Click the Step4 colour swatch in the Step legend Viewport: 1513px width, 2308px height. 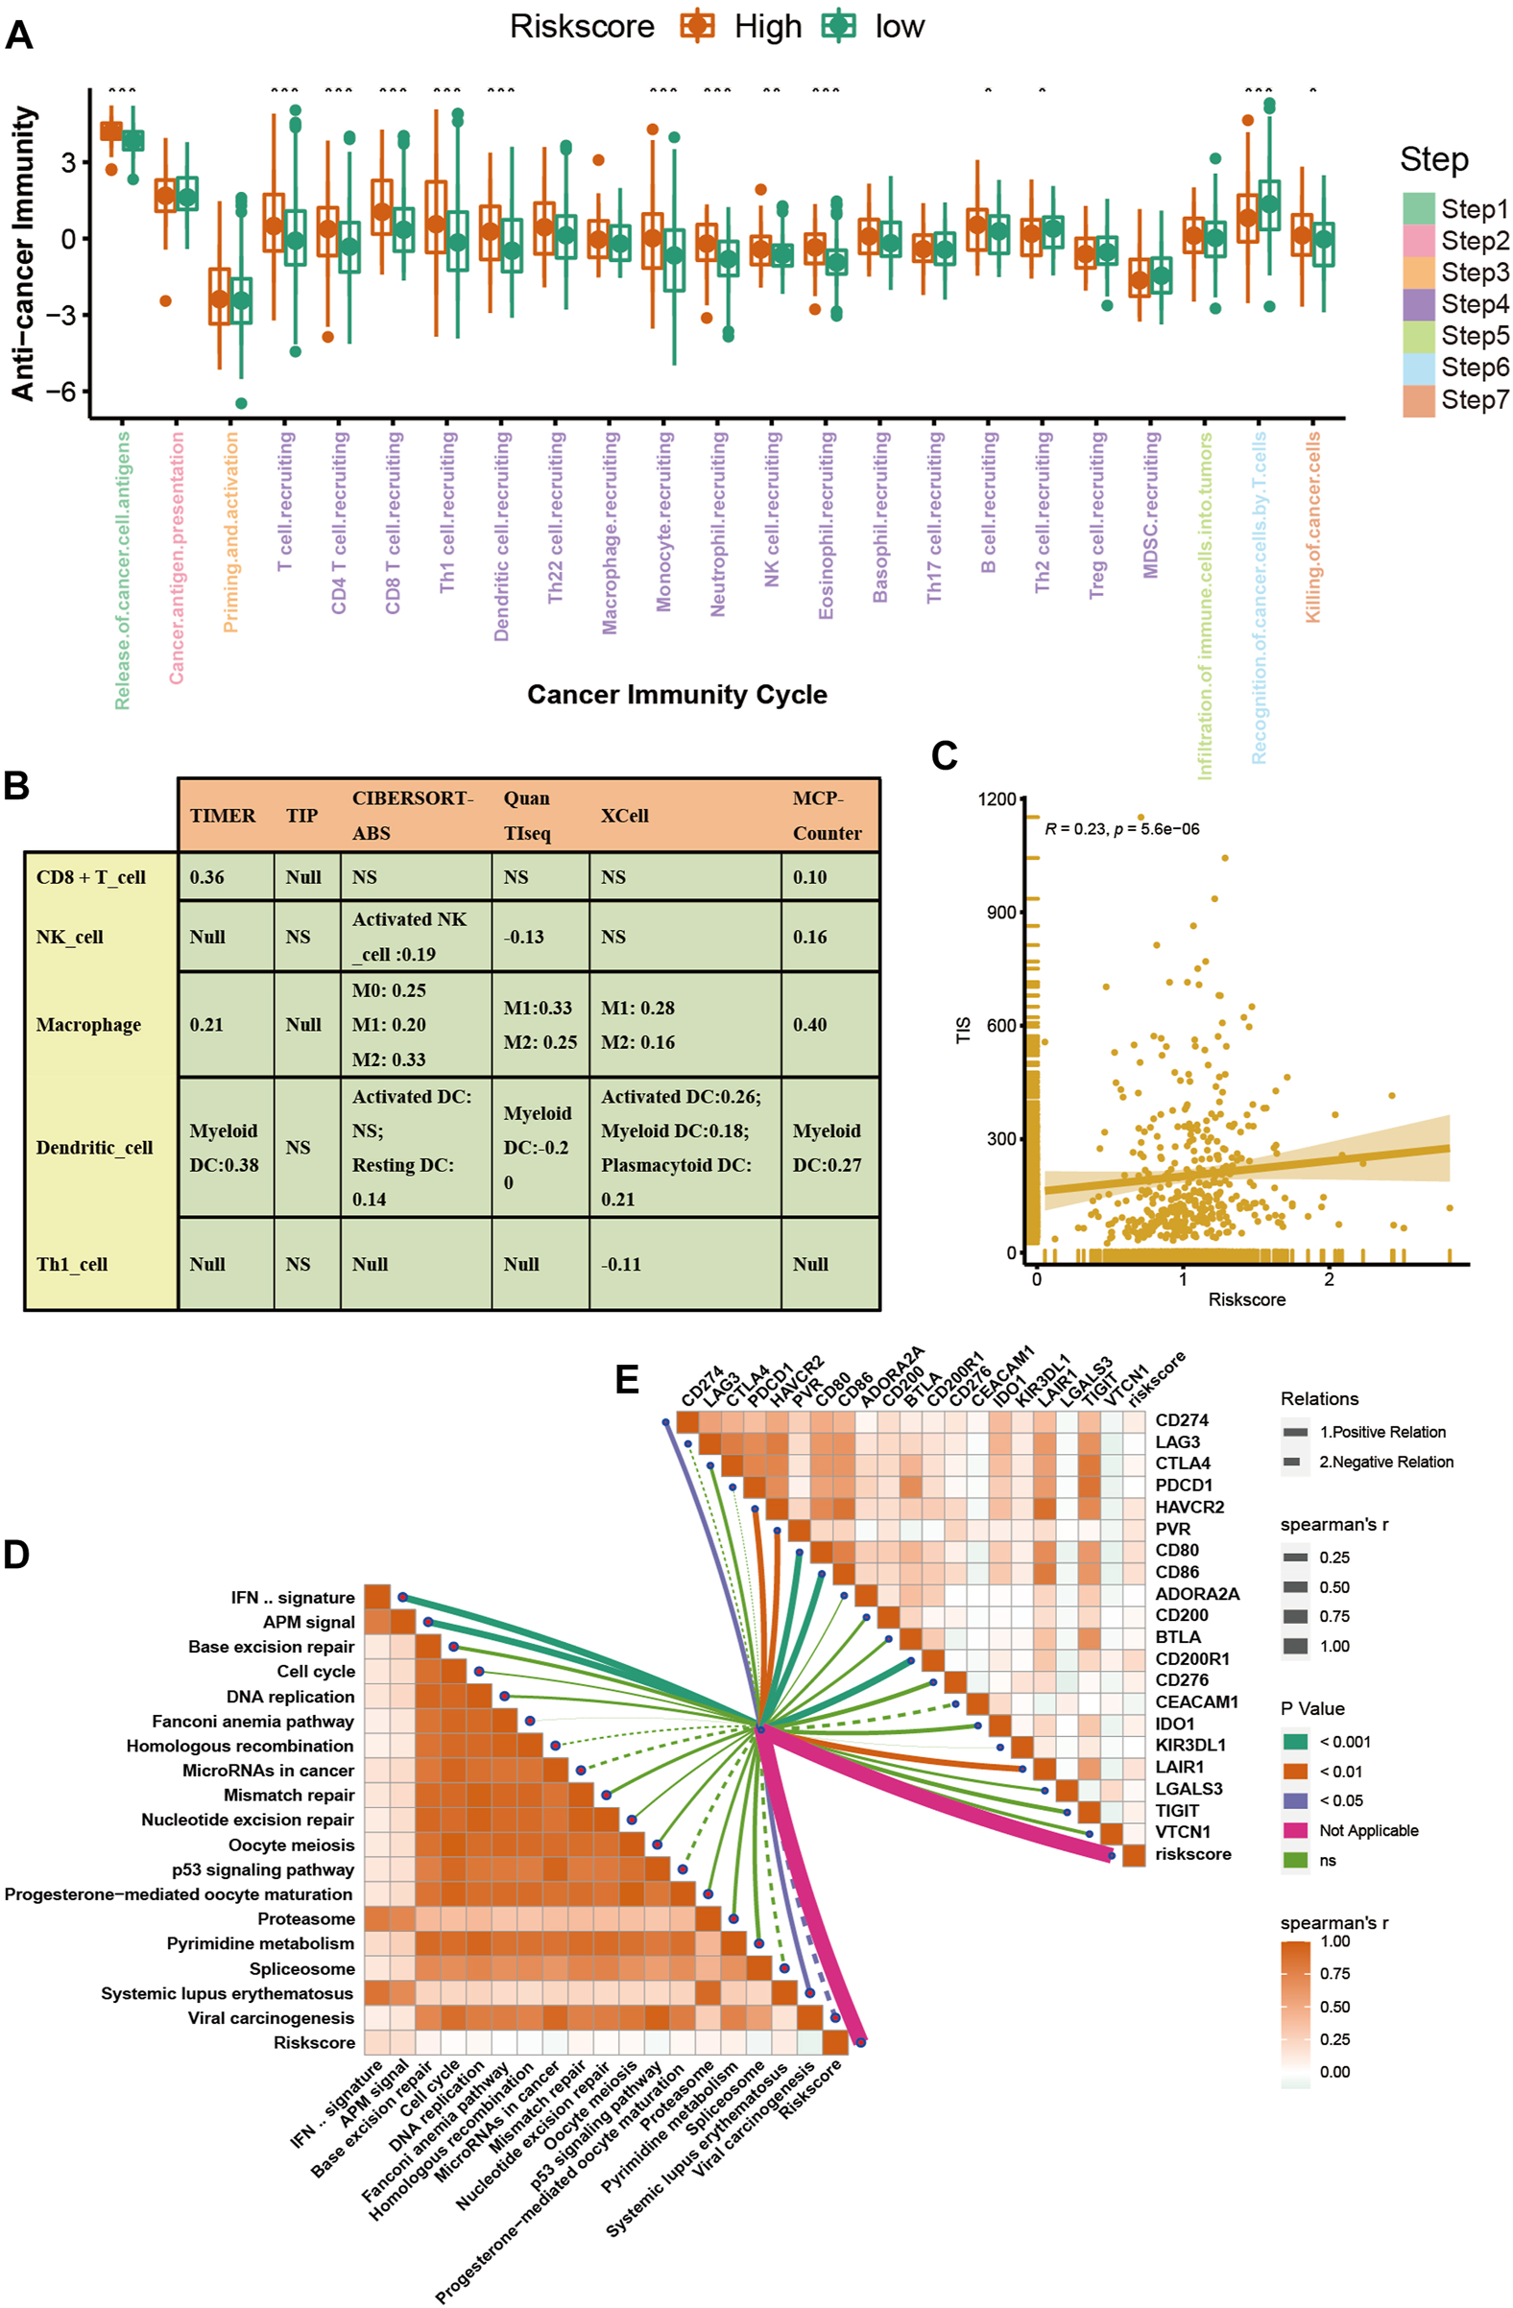click(1417, 304)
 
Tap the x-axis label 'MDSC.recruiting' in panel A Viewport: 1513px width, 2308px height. click(1151, 505)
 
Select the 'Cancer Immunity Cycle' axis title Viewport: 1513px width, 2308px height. click(677, 695)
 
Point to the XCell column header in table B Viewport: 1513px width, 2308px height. click(624, 816)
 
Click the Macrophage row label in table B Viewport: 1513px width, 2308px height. click(88, 1025)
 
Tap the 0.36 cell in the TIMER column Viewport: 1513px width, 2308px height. click(206, 878)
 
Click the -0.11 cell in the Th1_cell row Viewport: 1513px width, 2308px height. click(621, 1265)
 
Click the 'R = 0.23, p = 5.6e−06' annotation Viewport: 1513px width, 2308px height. click(1121, 829)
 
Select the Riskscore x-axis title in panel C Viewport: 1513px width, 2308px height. click(1246, 1299)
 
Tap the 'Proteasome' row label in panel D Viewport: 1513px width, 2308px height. click(305, 1919)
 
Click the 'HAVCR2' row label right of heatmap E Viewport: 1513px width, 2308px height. click(1189, 1507)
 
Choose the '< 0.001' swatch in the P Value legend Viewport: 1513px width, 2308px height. click(1295, 1742)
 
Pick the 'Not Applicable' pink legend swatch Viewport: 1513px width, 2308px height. click(1295, 1830)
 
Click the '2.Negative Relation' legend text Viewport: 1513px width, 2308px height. click(1386, 1462)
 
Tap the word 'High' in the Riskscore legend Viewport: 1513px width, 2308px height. click(767, 27)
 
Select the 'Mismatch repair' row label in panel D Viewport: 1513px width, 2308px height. click(289, 1795)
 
